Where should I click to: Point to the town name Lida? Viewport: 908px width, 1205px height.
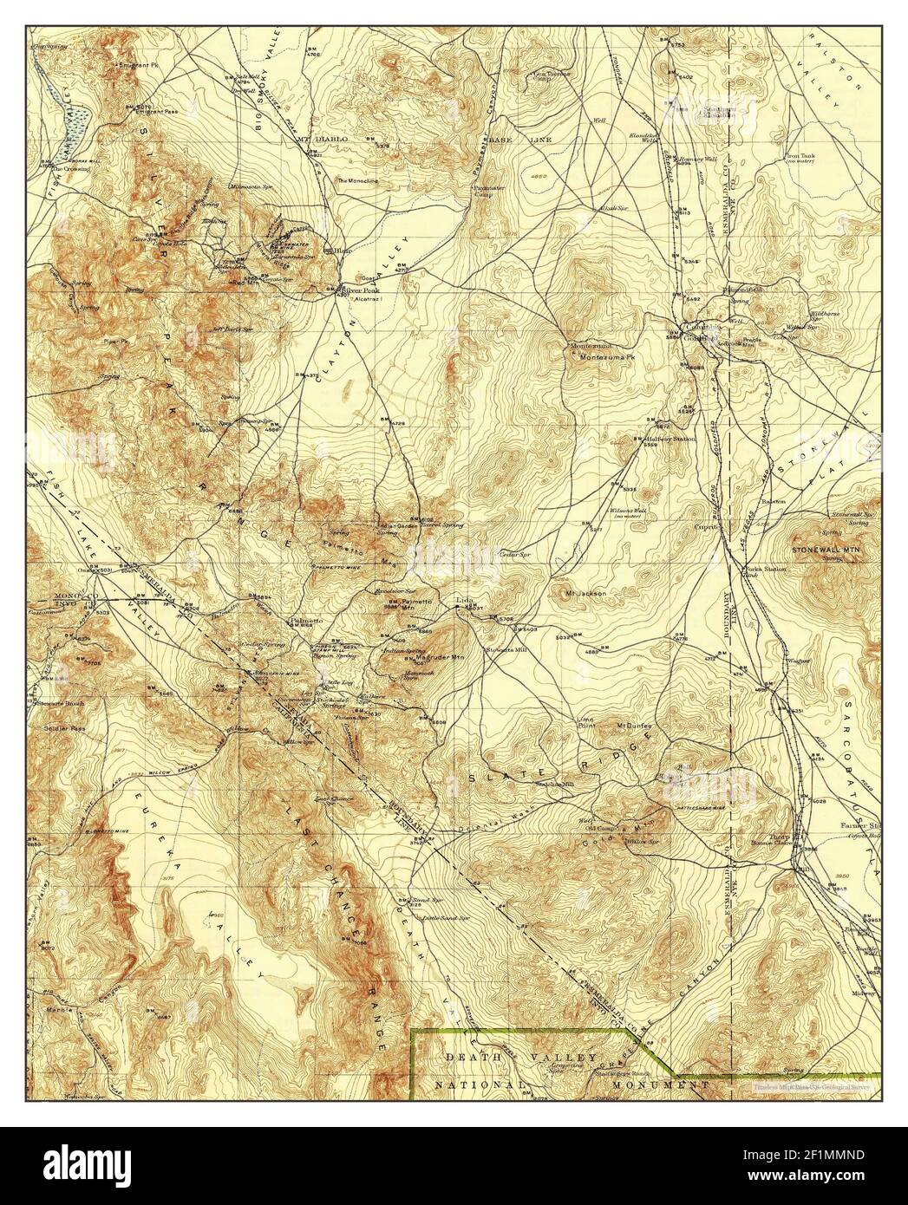465,600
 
